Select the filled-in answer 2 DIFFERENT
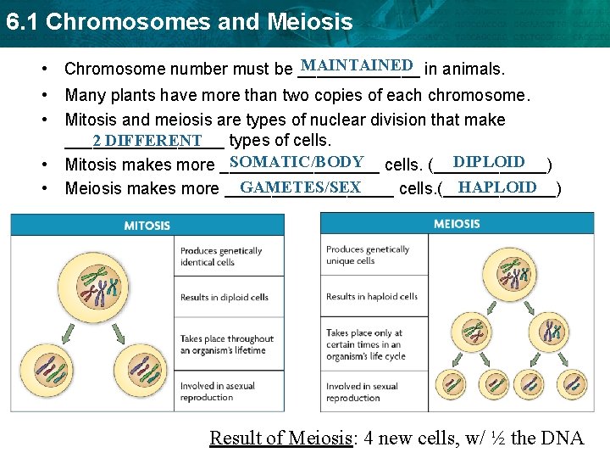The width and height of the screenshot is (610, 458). tap(147, 140)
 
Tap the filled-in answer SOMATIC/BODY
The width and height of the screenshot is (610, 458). tap(297, 162)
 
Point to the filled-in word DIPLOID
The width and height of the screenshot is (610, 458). tap(489, 162)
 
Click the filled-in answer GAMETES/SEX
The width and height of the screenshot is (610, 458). tap(301, 187)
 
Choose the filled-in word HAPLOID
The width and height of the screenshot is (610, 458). tap(497, 187)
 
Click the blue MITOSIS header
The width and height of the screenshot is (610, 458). tap(147, 225)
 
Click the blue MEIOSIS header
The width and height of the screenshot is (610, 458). tap(457, 224)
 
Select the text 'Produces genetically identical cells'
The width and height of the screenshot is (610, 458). tap(221, 256)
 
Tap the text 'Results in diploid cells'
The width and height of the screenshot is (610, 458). tap(225, 297)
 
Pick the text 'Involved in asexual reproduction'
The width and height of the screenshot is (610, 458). tap(218, 391)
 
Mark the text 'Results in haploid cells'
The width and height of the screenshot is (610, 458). tap(372, 296)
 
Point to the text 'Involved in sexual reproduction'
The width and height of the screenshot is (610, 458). tap(362, 392)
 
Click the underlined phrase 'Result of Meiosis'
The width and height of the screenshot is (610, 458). tap(281, 438)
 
